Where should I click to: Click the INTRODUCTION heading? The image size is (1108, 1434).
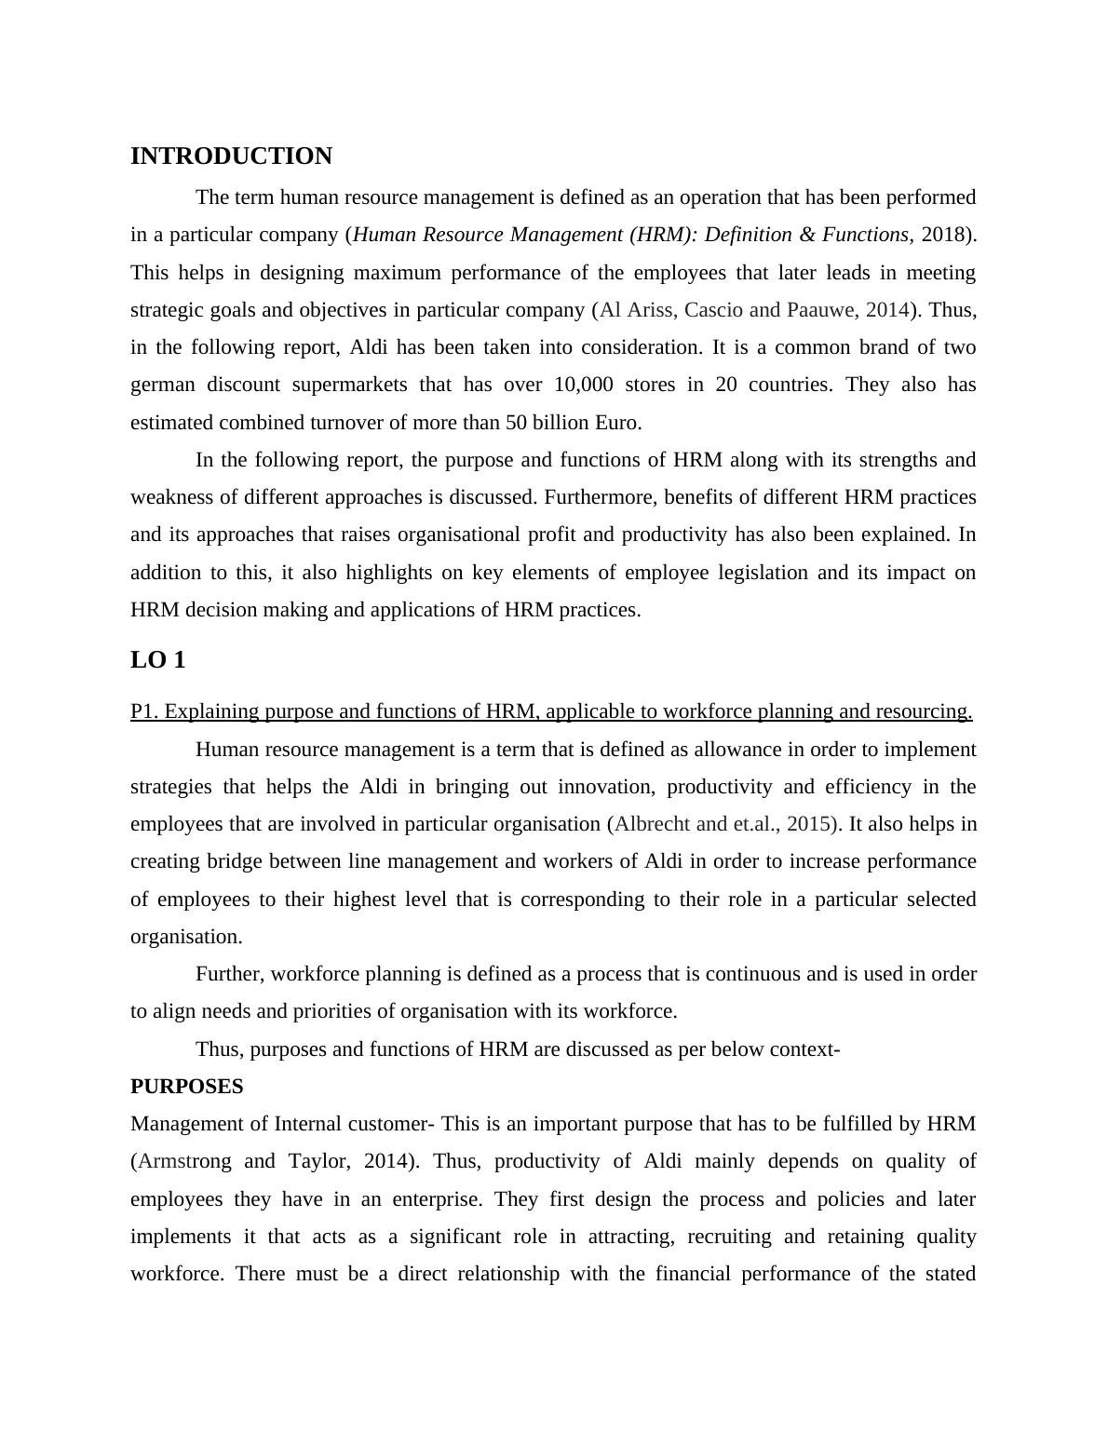point(231,156)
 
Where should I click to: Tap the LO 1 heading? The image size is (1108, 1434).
point(157,660)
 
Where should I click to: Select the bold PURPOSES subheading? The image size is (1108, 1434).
point(186,1087)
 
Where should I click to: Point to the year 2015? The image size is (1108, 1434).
point(811,824)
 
